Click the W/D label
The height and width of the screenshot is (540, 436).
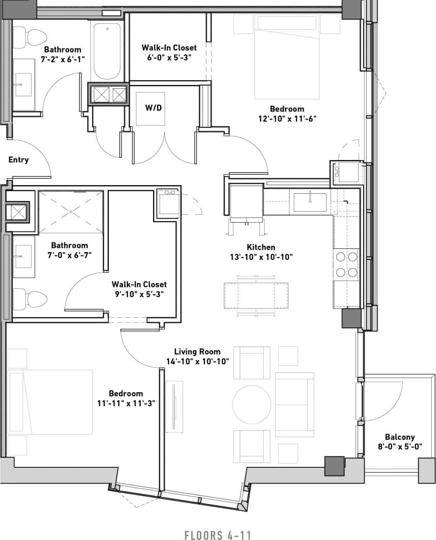tap(153, 107)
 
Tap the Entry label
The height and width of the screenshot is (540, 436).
tap(18, 160)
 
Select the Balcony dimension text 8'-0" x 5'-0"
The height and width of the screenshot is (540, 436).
tap(400, 447)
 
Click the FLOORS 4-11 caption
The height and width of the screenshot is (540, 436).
tap(218, 535)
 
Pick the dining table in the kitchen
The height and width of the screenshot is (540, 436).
tap(256, 296)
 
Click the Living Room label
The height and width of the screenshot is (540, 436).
tap(197, 351)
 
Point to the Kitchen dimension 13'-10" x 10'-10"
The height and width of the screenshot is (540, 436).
tap(261, 257)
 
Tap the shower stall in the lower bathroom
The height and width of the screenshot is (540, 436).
tap(71, 211)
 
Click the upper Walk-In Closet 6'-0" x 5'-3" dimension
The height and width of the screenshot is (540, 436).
tap(169, 57)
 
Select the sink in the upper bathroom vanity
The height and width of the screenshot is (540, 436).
tap(23, 84)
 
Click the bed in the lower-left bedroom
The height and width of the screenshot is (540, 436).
tap(50, 402)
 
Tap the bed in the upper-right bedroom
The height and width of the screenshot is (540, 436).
tap(287, 57)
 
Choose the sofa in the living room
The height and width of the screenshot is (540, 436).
tap(295, 404)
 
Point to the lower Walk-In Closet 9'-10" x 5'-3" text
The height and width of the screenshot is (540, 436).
tap(139, 295)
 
